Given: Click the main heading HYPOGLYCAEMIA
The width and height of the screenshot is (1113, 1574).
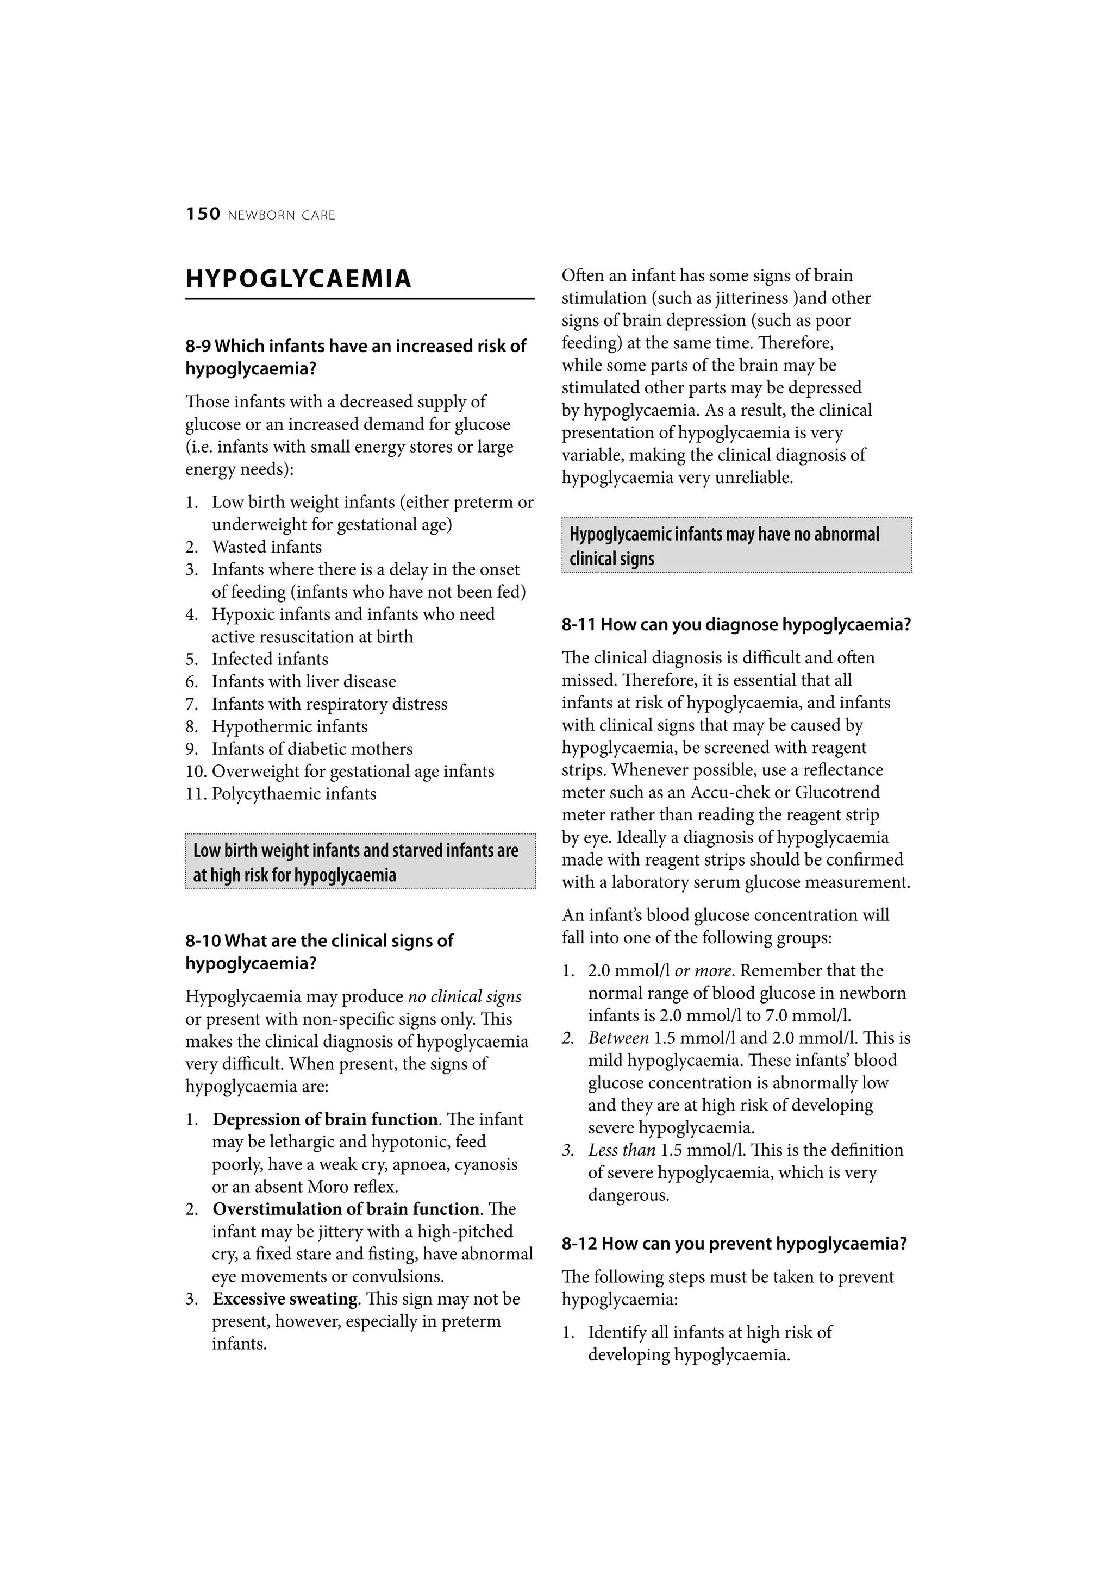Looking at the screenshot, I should coord(298,279).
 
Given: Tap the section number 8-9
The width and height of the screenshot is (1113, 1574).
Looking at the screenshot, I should coord(197,346).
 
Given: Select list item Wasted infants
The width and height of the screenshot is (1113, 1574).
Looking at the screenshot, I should coord(266,547).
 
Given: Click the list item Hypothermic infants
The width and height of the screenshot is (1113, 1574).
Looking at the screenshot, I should coord(290,726).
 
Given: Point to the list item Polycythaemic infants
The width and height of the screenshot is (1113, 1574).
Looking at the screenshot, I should coord(293,794).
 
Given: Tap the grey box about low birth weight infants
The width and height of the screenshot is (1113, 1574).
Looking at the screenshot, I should coord(360,862).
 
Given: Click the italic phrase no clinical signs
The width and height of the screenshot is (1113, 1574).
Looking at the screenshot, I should coord(464,997).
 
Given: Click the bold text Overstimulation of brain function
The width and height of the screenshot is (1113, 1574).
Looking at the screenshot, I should coord(346,1209).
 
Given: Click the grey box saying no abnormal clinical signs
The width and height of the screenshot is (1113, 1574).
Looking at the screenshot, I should coord(736,545).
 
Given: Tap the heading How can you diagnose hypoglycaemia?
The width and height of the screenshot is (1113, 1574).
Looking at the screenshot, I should coord(755,625).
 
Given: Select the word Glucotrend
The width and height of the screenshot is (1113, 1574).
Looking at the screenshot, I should coord(836,793).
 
